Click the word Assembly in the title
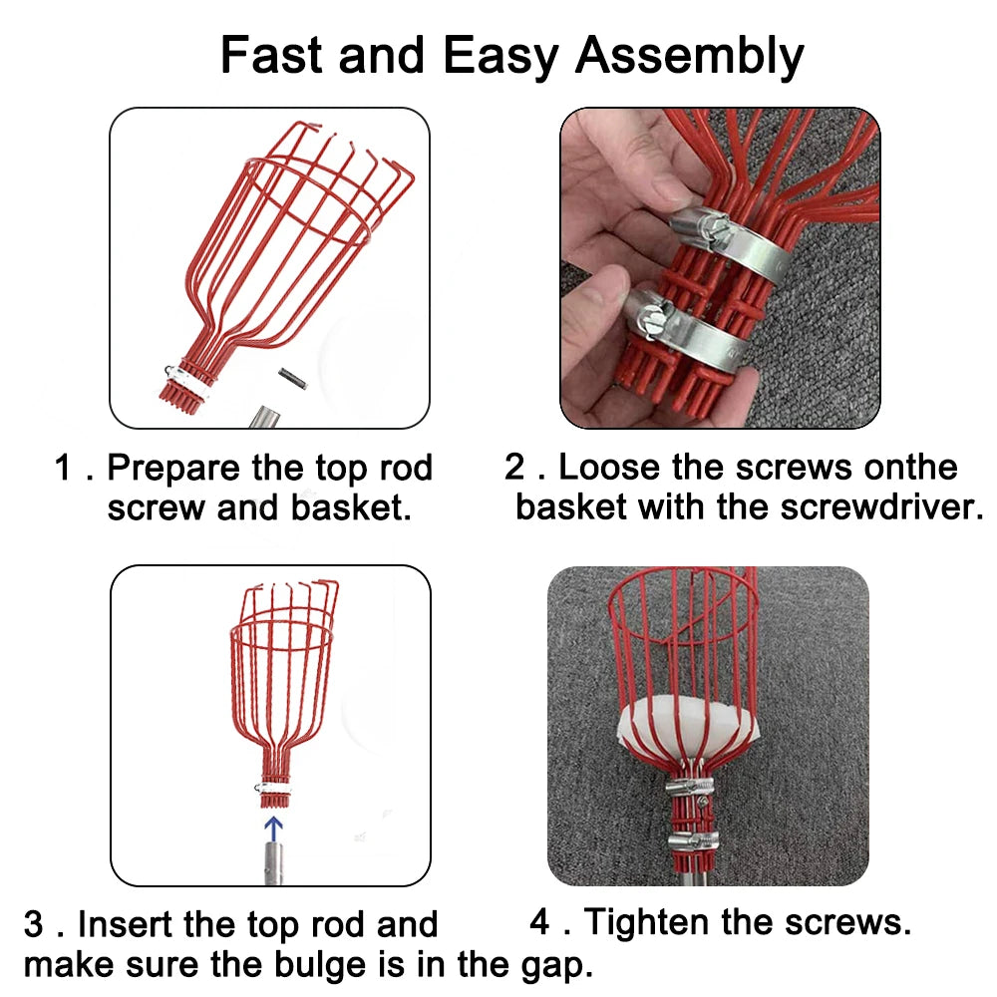pyautogui.click(x=689, y=57)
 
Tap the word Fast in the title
pyautogui.click(x=271, y=55)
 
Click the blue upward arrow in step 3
pyautogui.click(x=273, y=830)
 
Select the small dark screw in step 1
pyautogui.click(x=292, y=379)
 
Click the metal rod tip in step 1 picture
pyautogui.click(x=264, y=418)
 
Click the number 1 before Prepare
pyautogui.click(x=62, y=468)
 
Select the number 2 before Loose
pyautogui.click(x=514, y=468)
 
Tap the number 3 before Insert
pyautogui.click(x=34, y=924)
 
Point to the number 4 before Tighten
pyautogui.click(x=539, y=922)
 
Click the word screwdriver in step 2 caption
pyautogui.click(x=882, y=506)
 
